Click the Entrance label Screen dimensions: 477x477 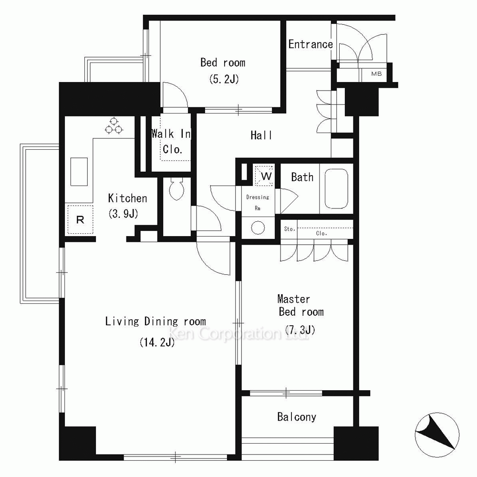click(311, 44)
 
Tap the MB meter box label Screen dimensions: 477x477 click(376, 73)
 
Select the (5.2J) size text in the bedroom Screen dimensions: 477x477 click(224, 79)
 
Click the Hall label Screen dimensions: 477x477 click(261, 135)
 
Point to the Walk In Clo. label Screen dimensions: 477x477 click(171, 142)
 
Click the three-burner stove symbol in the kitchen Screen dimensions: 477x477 click(114, 125)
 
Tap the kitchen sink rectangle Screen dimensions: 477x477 click(79, 172)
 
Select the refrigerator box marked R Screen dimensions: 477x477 click(80, 219)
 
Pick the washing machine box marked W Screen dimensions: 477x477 click(264, 176)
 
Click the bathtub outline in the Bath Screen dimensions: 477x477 click(336, 188)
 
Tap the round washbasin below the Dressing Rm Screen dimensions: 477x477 click(258, 228)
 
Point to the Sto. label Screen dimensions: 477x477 click(290, 229)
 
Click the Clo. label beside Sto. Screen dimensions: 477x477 click(321, 233)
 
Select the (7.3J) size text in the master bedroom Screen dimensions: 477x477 click(300, 330)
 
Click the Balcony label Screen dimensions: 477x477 click(297, 417)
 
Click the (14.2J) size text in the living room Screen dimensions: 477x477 click(157, 342)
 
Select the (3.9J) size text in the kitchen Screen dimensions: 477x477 click(123, 214)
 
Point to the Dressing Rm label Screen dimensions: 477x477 click(258, 203)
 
